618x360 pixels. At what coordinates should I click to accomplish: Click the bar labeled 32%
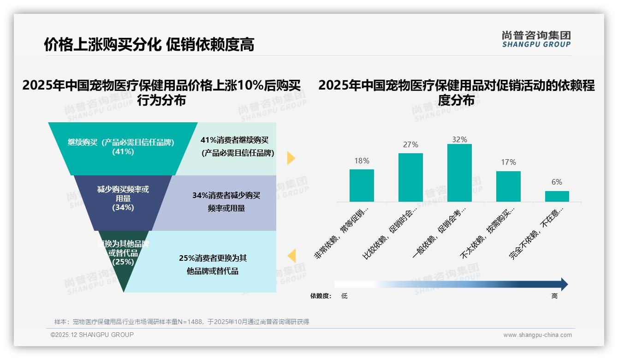click(x=459, y=173)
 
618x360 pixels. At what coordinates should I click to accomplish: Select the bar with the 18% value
click(x=362, y=186)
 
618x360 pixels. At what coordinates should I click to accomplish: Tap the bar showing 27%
click(x=410, y=177)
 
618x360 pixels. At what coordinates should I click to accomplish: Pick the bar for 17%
click(x=508, y=186)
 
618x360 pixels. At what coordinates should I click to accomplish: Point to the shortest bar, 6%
click(x=557, y=196)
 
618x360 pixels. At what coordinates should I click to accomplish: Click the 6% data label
click(x=557, y=182)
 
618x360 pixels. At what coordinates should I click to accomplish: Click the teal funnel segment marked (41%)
click(x=123, y=148)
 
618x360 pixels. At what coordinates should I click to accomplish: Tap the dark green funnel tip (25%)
click(x=123, y=258)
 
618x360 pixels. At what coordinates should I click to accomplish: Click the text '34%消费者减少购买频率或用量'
click(x=226, y=202)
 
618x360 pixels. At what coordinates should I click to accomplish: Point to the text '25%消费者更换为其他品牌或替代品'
click(x=213, y=264)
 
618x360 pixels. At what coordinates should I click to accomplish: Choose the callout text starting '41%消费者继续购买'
click(x=235, y=146)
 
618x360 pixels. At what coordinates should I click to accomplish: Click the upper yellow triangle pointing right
click(x=291, y=158)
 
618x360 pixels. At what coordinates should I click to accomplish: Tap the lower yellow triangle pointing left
click(x=291, y=256)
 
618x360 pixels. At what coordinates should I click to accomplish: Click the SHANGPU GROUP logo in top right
click(x=536, y=39)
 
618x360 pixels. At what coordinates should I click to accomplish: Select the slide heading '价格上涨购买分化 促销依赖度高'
click(x=149, y=44)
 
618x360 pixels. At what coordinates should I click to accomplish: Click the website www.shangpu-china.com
click(x=537, y=335)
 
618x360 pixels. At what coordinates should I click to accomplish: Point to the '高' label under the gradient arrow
click(x=554, y=296)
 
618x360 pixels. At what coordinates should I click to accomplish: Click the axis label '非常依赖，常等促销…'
click(x=342, y=234)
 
